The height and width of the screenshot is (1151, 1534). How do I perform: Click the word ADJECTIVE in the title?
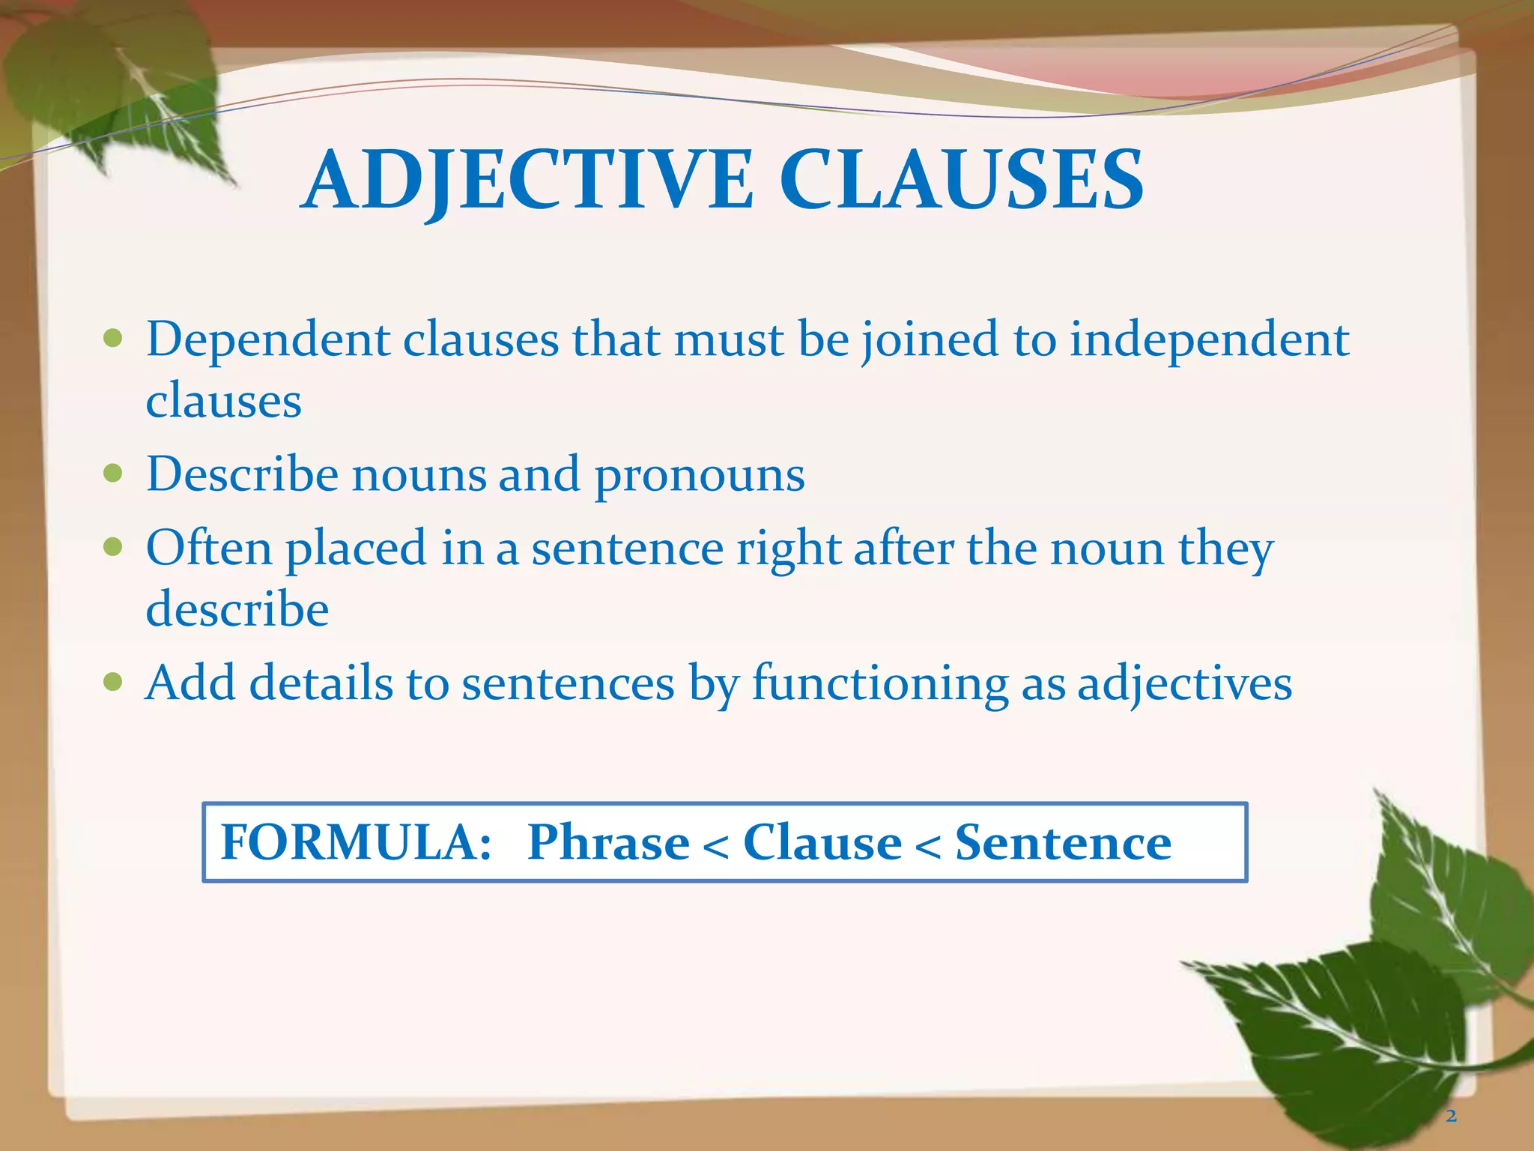coord(529,180)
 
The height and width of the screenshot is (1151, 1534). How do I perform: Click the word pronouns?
coord(700,475)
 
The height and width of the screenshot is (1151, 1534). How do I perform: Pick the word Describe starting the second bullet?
coord(242,475)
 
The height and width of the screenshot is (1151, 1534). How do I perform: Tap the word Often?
coord(209,547)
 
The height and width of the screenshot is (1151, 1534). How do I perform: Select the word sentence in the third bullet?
coord(627,549)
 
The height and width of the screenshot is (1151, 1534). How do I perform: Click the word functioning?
coord(879,683)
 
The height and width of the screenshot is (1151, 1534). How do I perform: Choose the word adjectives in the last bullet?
coord(1184,683)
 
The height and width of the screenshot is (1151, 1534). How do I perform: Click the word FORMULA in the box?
coord(356,842)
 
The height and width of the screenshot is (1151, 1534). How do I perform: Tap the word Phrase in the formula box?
coord(608,842)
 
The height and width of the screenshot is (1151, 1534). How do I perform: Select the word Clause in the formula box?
coord(822,842)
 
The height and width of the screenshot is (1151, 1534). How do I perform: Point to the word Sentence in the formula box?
coord(1063,842)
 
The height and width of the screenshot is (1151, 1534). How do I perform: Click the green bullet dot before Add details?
coord(113,682)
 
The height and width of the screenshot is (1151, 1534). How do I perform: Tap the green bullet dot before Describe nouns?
coord(113,474)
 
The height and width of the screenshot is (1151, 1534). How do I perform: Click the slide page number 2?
coord(1451,1117)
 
